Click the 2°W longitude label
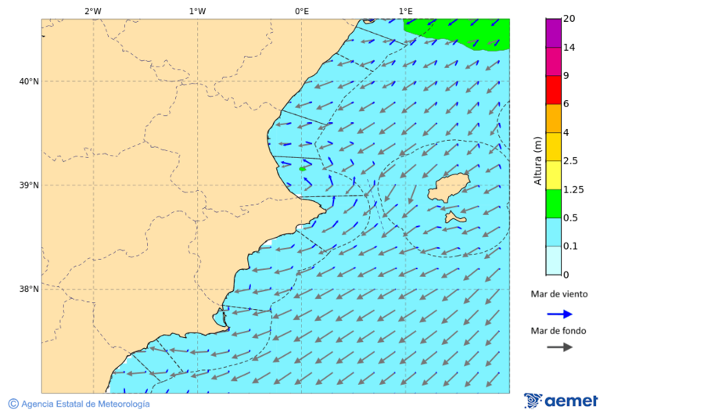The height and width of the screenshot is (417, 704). (x=92, y=11)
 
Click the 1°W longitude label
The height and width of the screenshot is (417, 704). (x=197, y=11)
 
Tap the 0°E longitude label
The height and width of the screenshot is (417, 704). (x=301, y=11)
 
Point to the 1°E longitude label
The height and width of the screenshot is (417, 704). (x=405, y=11)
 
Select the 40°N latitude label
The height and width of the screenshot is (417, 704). (x=29, y=81)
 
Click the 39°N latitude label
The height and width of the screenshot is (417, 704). (x=29, y=185)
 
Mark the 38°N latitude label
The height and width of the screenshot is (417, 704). (x=29, y=289)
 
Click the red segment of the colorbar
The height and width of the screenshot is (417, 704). (x=553, y=90)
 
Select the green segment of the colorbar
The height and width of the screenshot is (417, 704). (x=553, y=203)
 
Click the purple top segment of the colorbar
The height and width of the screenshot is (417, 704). (x=553, y=33)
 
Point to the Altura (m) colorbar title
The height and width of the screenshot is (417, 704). (x=537, y=160)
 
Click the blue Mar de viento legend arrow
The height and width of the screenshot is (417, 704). (x=559, y=314)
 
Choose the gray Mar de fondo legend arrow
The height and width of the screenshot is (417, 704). (x=559, y=347)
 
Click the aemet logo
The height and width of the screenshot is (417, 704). (x=561, y=401)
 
